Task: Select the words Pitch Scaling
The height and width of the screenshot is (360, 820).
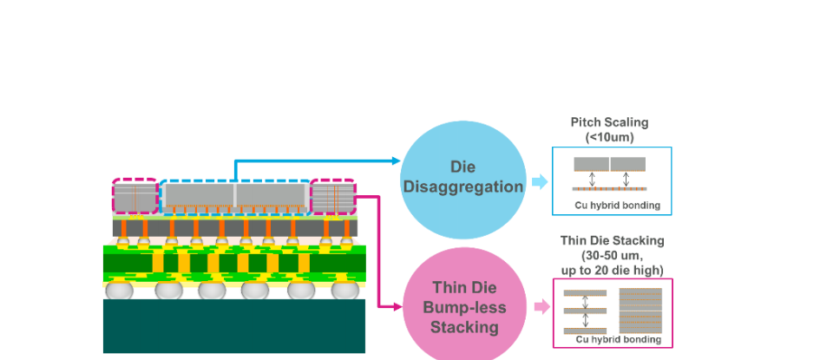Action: click(610, 122)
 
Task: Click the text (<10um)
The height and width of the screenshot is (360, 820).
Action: click(610, 136)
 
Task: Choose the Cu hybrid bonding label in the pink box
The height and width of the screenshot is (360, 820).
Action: click(615, 341)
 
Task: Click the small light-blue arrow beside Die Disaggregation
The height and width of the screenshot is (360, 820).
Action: click(539, 182)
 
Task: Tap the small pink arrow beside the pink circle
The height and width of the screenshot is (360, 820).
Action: click(541, 306)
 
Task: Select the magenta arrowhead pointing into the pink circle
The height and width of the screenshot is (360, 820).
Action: click(396, 307)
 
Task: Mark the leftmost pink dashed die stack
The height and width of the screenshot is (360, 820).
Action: click(134, 195)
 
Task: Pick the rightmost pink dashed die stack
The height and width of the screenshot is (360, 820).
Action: click(333, 195)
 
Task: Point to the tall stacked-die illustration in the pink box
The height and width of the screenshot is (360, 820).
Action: click(641, 309)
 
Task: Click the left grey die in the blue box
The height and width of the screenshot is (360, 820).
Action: click(591, 164)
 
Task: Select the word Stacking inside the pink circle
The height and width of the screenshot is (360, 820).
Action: click(464, 327)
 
